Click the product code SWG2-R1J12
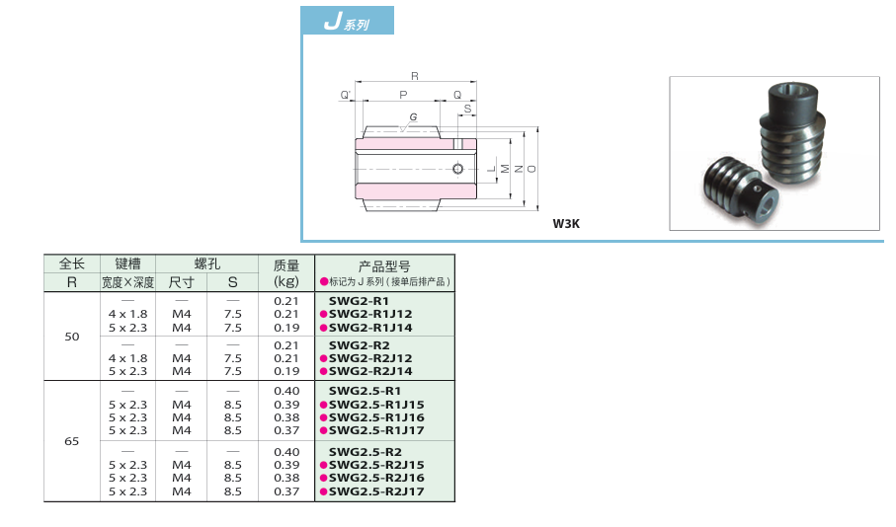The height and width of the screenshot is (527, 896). [370, 314]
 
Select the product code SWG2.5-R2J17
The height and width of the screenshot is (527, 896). [376, 490]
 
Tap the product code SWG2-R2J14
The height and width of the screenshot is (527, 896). [370, 371]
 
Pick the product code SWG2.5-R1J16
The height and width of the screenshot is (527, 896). [376, 417]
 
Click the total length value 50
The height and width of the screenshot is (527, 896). [71, 337]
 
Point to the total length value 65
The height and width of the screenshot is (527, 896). [71, 441]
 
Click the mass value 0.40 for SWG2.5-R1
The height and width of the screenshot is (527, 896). [285, 391]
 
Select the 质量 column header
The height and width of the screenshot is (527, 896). [285, 273]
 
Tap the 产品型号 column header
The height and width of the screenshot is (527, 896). [384, 266]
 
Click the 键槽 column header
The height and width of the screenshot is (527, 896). [127, 264]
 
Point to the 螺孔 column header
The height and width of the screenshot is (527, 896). [206, 264]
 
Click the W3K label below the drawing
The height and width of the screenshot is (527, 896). [566, 223]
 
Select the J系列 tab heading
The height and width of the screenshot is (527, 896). [347, 22]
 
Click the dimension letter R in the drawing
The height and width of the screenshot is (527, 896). [414, 76]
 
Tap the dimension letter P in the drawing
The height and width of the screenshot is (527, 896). [402, 95]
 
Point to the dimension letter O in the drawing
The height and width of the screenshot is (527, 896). [532, 169]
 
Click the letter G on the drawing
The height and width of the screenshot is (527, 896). [412, 117]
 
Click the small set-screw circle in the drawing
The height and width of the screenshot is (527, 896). [456, 169]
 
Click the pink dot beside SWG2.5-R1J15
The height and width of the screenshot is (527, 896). [323, 405]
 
